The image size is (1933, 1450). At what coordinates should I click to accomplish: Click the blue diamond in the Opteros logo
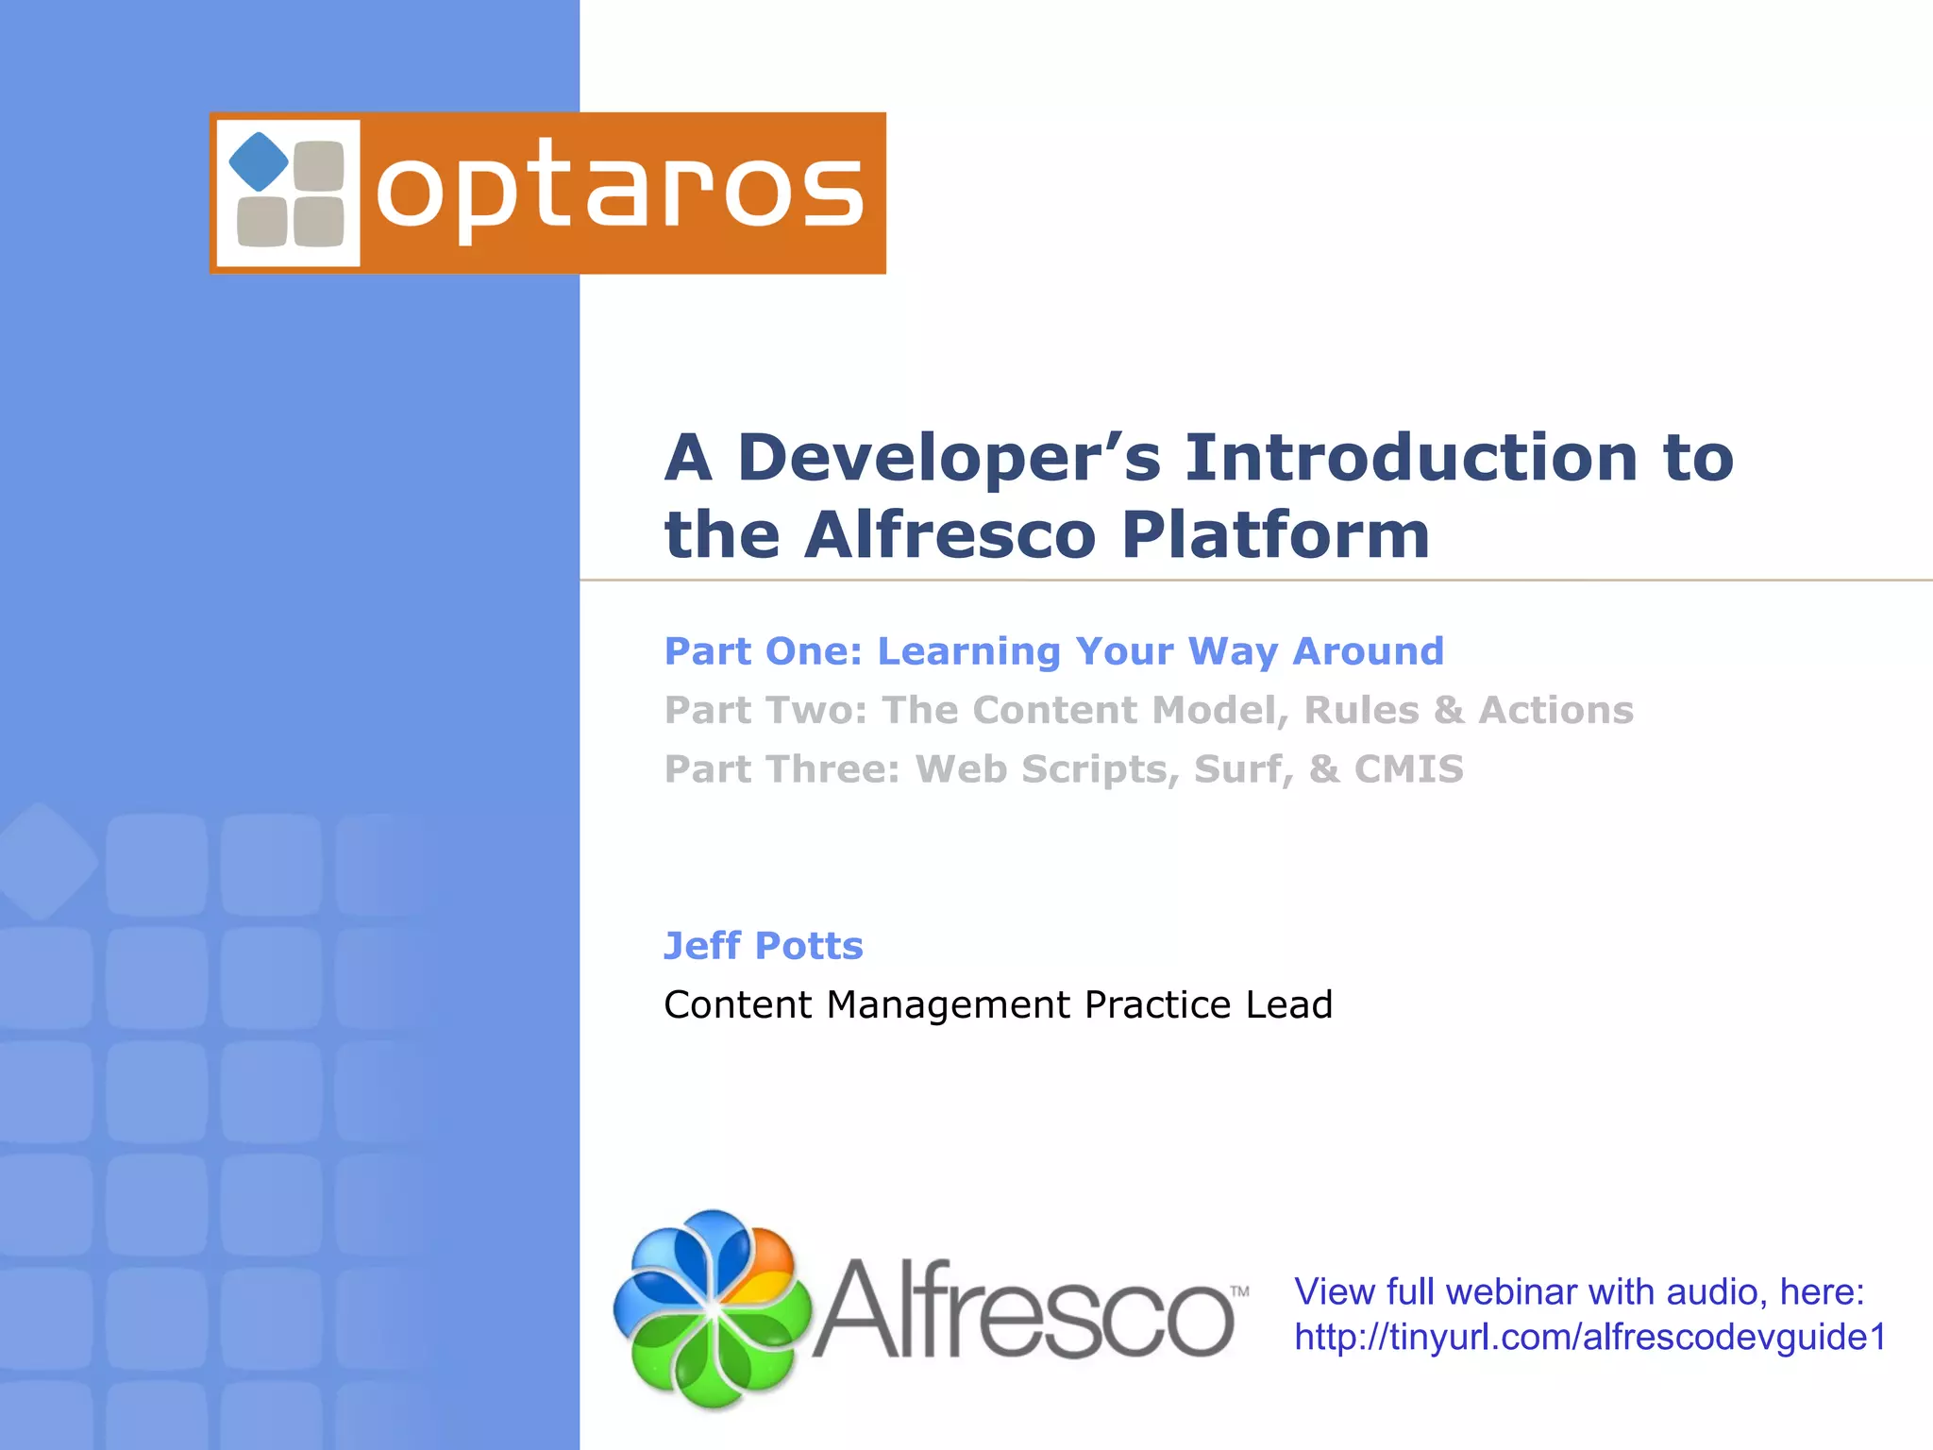pyautogui.click(x=259, y=161)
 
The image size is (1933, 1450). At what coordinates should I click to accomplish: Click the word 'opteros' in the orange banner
pyautogui.click(x=620, y=192)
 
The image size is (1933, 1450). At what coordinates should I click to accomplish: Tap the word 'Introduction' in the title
pyautogui.click(x=1411, y=458)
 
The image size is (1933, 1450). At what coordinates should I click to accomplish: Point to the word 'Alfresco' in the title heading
pyautogui.click(x=950, y=535)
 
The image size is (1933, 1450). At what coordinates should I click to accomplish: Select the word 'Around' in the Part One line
pyautogui.click(x=1368, y=651)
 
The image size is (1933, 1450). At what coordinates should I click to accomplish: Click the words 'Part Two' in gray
pyautogui.click(x=765, y=711)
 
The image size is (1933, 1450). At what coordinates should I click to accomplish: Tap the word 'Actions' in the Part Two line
pyautogui.click(x=1555, y=711)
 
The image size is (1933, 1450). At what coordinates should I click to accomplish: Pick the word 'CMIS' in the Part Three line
pyautogui.click(x=1408, y=769)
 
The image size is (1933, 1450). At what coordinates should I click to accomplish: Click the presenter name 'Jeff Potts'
pyautogui.click(x=763, y=946)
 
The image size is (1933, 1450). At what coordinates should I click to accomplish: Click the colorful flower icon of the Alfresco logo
pyautogui.click(x=713, y=1309)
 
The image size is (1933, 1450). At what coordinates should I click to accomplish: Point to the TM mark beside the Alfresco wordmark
pyautogui.click(x=1239, y=1290)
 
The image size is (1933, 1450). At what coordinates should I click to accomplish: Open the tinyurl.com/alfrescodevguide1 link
pyautogui.click(x=1589, y=1338)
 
